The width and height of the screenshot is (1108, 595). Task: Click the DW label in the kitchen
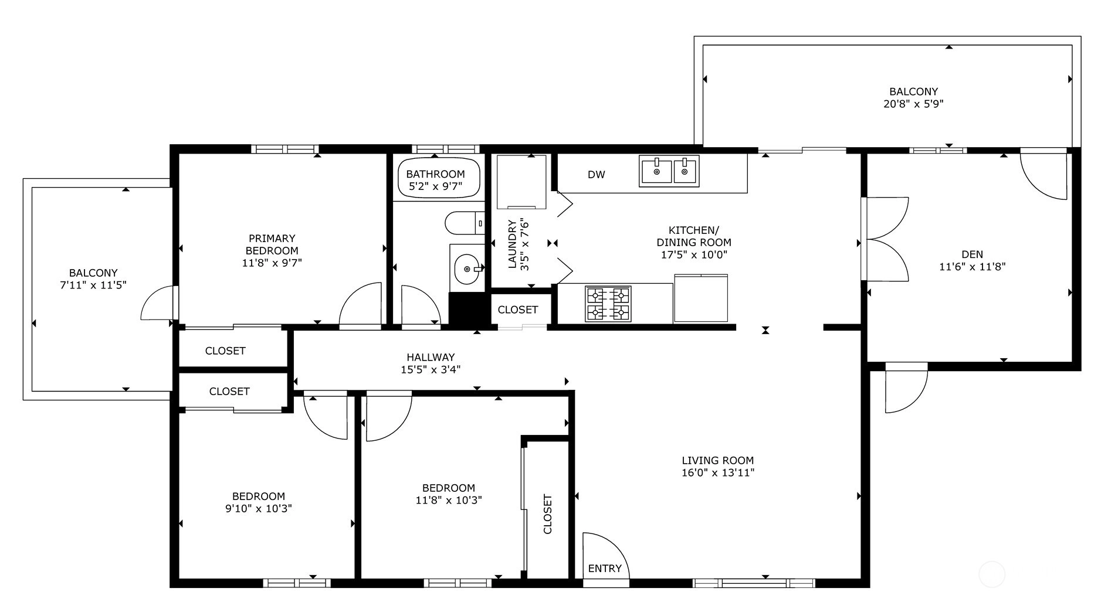coord(596,175)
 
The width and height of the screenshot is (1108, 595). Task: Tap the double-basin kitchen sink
coord(669,171)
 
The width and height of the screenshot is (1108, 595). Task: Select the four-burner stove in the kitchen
coord(608,304)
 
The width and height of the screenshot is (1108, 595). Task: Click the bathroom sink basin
coord(467,268)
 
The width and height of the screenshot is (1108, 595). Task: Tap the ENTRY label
coord(605,568)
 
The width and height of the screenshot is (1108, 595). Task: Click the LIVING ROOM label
coord(718,461)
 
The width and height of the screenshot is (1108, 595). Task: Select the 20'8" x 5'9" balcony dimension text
coord(913,104)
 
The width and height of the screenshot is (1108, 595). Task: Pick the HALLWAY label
coord(431,357)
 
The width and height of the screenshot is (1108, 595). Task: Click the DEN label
coord(972,254)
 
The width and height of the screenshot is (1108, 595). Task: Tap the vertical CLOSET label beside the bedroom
coord(548,514)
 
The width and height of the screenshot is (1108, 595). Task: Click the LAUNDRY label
coord(512,244)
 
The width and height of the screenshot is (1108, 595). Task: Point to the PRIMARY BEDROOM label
coord(272,244)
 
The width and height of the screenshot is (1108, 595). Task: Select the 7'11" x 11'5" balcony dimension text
coord(93,285)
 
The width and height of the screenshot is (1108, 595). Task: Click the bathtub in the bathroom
coord(439,177)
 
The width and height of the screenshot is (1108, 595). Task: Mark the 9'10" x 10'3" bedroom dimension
coord(259,509)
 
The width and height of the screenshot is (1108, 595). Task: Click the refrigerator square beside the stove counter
coord(701,298)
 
